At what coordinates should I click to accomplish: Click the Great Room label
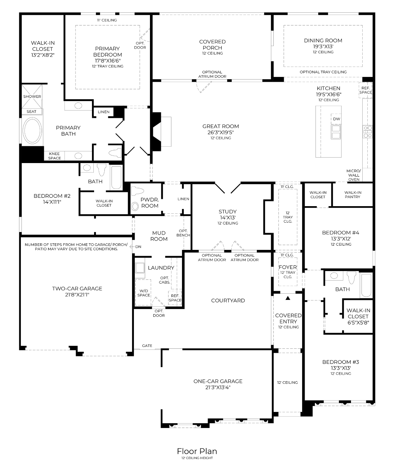[221, 126]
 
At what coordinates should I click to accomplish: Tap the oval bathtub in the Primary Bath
[33, 130]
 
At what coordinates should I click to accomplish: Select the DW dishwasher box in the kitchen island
[336, 119]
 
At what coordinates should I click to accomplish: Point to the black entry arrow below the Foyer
[288, 298]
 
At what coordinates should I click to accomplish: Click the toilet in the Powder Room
[137, 191]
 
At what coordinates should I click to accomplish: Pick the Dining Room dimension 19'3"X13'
[323, 46]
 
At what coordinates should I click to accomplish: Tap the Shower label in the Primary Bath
[32, 96]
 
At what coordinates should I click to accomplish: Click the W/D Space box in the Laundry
[143, 293]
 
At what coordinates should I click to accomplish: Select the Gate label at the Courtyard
[147, 345]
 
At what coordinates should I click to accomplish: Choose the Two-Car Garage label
[77, 289]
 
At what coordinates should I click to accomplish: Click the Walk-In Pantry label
[353, 195]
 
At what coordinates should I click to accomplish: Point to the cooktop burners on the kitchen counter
[367, 132]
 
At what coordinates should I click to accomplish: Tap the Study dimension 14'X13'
[228, 218]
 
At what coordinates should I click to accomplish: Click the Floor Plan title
[197, 451]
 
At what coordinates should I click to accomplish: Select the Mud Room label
[159, 236]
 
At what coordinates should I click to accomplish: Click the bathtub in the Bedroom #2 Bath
[116, 178]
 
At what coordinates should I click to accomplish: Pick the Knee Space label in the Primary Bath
[54, 156]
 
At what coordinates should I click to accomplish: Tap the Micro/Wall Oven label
[354, 175]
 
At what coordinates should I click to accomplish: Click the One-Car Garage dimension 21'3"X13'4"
[218, 387]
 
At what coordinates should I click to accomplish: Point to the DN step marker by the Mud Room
[136, 247]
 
